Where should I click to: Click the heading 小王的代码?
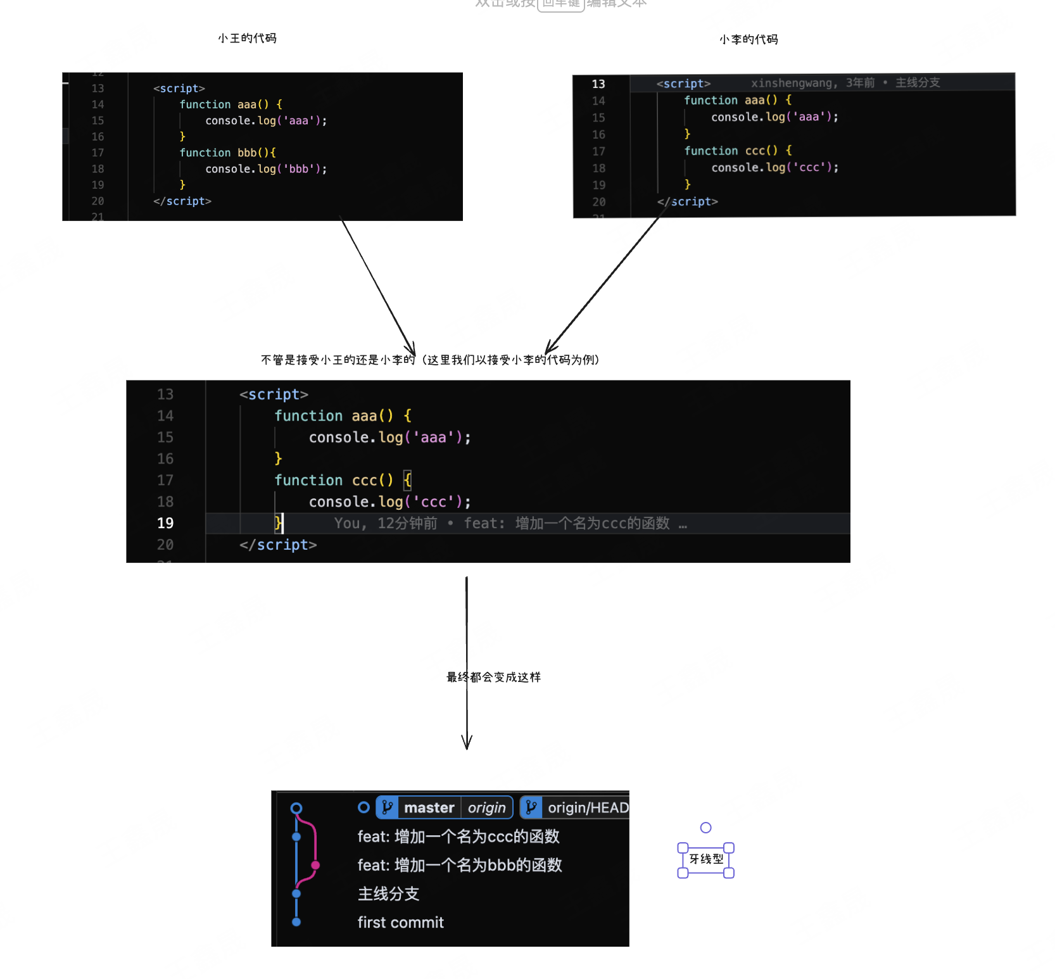247,39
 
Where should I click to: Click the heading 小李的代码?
749,40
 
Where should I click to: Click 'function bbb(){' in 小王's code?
227,153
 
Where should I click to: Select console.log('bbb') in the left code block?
265,169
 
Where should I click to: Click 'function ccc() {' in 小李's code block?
738,151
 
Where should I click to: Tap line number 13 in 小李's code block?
598,84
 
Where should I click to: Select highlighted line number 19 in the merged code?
165,523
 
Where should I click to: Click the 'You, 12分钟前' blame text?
385,524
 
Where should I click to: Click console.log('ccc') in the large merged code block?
389,502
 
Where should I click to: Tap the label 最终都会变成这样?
493,677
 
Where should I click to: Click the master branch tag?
429,807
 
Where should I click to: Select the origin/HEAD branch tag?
587,807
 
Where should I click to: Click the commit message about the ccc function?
458,837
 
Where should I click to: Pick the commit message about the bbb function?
459,865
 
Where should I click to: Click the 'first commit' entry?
400,923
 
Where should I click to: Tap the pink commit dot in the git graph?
315,865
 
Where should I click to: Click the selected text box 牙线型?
706,859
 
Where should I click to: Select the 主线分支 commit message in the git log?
388,894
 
